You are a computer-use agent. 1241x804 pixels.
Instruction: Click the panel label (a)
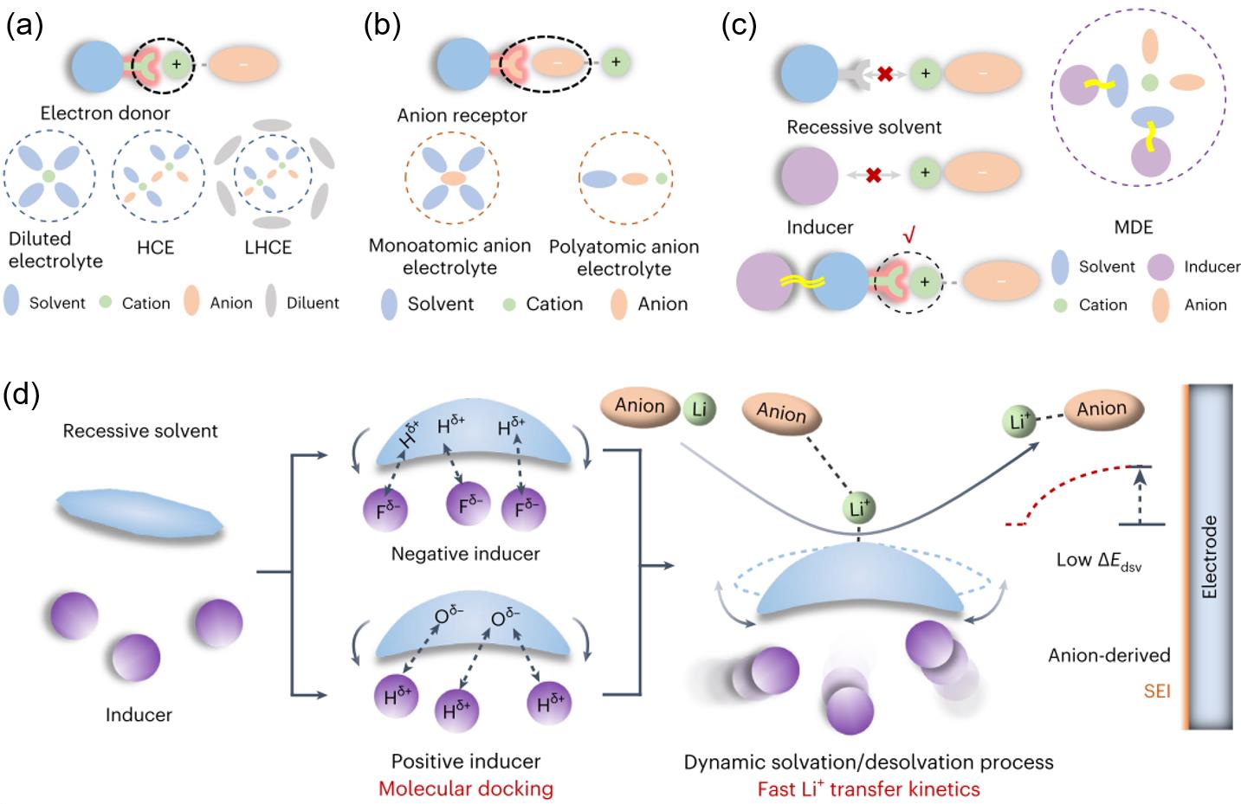coord(24,25)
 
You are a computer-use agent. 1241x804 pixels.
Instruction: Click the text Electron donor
coord(105,113)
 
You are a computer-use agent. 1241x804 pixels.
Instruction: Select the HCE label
coord(155,248)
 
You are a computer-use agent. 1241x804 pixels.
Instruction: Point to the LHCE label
coord(268,248)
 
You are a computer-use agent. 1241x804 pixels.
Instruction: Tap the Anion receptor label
coord(462,115)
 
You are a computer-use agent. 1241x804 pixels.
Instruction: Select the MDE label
coord(1134,227)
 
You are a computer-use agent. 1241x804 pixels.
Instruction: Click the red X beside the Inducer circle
coord(873,175)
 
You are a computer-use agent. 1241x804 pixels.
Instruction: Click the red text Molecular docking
coord(465,788)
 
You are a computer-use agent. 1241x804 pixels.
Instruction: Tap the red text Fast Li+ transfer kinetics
coord(868,788)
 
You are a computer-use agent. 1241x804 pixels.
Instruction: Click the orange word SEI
coord(1155,691)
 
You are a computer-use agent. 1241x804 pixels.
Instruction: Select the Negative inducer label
coord(465,553)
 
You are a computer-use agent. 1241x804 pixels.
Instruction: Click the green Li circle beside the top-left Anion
coord(699,409)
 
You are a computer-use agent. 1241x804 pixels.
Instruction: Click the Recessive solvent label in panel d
coord(140,431)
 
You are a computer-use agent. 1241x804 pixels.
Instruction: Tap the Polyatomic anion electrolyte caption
coord(624,257)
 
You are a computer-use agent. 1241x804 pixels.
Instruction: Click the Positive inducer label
coord(465,762)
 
